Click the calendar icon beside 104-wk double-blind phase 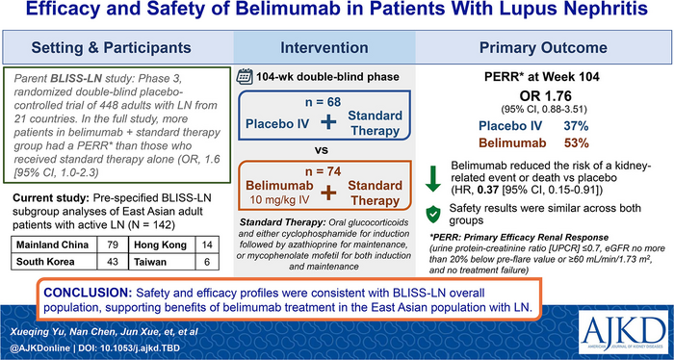[x=245, y=77]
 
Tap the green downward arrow [x=433, y=178]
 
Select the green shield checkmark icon [x=433, y=214]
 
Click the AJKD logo [x=622, y=330]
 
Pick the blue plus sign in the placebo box [x=328, y=122]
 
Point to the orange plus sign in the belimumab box [x=328, y=193]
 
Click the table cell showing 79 [x=113, y=244]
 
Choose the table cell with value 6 [x=207, y=261]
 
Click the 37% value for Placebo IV [x=576, y=126]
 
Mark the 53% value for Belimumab [x=576, y=143]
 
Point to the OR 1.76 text [x=544, y=95]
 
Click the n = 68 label [x=322, y=102]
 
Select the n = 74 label [x=322, y=171]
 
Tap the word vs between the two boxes [x=322, y=151]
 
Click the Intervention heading [x=324, y=47]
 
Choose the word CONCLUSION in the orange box [x=89, y=293]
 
